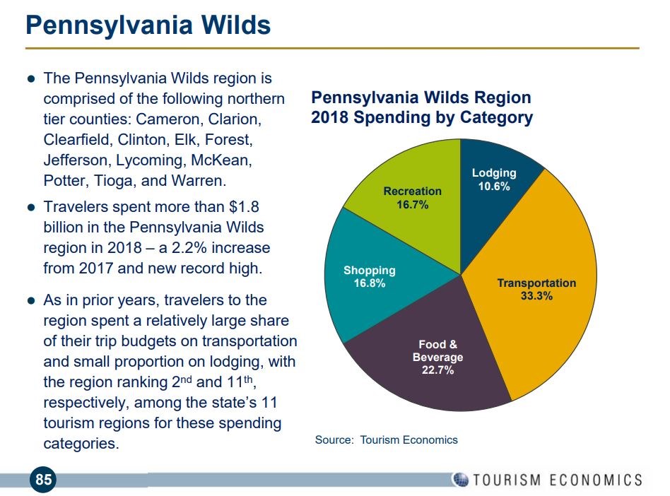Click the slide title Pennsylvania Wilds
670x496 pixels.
point(148,26)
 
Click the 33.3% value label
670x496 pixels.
point(536,296)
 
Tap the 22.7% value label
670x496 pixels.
point(438,370)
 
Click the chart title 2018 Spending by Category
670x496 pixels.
point(421,117)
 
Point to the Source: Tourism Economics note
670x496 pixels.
point(386,440)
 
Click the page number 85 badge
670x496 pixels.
point(44,480)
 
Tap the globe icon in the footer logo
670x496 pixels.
point(460,480)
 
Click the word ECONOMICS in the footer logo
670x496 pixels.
point(592,480)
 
